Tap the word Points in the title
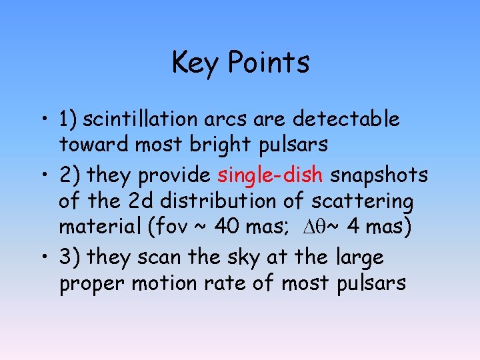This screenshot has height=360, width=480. (269, 63)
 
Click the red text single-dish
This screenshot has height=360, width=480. (271, 175)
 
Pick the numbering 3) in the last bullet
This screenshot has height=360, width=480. (71, 257)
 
